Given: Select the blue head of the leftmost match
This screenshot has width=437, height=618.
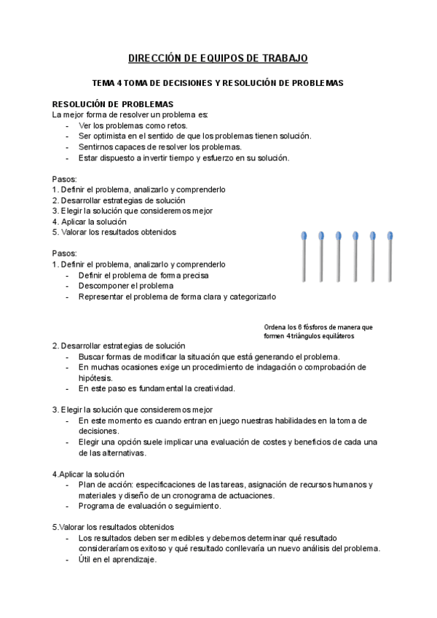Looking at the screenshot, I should [x=304, y=236].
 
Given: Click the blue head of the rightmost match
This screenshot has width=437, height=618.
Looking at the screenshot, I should [x=390, y=236].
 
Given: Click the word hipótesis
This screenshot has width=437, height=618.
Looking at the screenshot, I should [x=95, y=378].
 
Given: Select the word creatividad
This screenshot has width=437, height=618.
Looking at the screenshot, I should [x=210, y=388].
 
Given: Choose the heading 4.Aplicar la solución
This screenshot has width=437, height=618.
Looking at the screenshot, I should [x=89, y=474].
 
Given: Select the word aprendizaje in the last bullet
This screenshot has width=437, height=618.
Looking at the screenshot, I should [x=133, y=560].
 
